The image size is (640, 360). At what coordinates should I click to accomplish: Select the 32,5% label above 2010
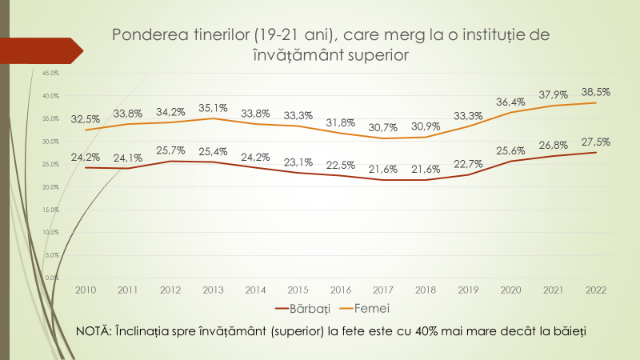tap(86, 118)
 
